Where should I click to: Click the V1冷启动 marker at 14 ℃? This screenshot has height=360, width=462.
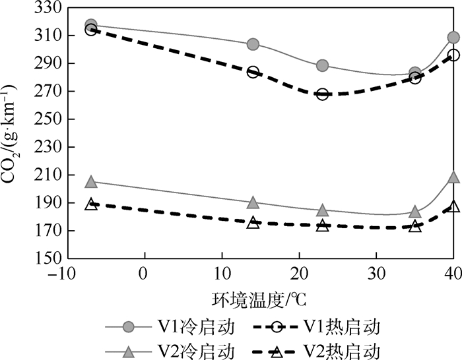(x=253, y=44)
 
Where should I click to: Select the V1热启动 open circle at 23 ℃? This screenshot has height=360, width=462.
(x=322, y=94)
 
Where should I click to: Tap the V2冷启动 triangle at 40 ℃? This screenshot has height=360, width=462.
(x=453, y=177)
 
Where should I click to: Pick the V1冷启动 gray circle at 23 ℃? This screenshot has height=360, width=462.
(x=322, y=65)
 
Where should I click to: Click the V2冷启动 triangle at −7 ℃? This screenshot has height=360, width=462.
(x=91, y=182)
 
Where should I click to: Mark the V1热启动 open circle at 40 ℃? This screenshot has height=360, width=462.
(x=453, y=55)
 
